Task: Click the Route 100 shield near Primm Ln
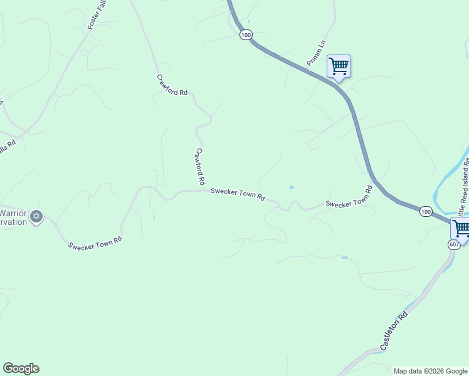click(245, 35)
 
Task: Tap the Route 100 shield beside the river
click(426, 212)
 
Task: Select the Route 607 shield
click(455, 244)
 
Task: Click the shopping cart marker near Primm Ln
click(339, 66)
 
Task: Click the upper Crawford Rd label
click(172, 85)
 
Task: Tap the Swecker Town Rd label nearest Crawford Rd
click(238, 194)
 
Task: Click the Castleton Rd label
click(393, 330)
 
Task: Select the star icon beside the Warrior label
click(36, 216)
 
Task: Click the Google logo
click(21, 368)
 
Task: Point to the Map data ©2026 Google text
click(430, 371)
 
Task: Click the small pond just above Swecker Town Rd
click(291, 187)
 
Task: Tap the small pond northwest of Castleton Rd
click(344, 257)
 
